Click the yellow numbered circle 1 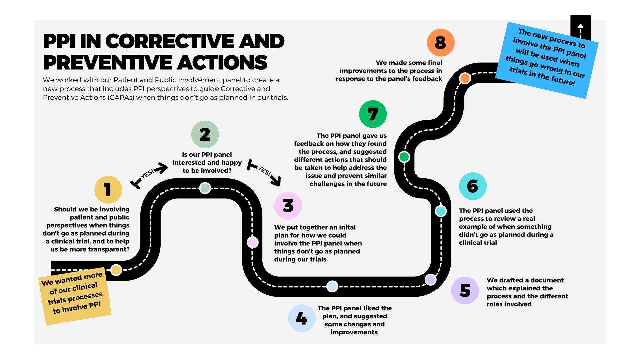pos(108,190)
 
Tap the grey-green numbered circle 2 pos(205,134)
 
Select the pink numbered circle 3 pos(288,206)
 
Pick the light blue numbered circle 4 pos(302,318)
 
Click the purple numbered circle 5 pos(465,290)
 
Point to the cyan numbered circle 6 pos(473,186)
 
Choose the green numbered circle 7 pos(373,114)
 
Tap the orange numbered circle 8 pos(440,42)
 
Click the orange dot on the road pos(465,78)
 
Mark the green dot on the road pos(404,157)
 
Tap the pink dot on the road pos(252,242)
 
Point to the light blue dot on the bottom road pos(332,286)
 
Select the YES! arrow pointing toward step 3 pos(265,172)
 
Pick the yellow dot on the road pos(116,270)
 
